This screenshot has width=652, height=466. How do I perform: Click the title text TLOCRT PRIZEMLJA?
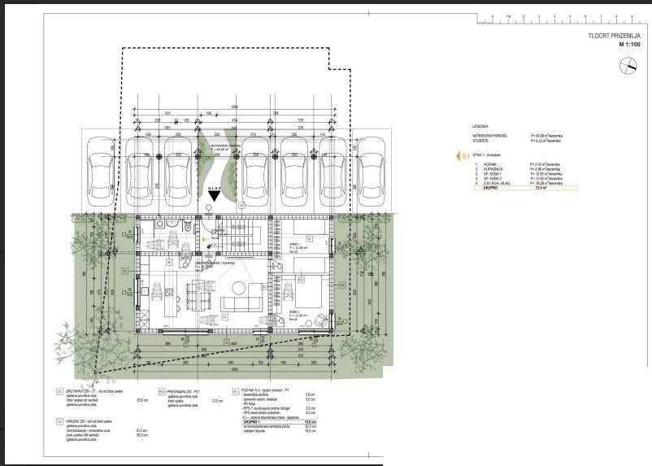(x=614, y=36)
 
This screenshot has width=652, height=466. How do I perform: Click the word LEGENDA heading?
(x=480, y=127)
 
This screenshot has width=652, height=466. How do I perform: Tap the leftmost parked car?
(x=102, y=171)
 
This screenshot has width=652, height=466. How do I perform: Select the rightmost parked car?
(x=372, y=171)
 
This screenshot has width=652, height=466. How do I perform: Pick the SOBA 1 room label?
(x=293, y=244)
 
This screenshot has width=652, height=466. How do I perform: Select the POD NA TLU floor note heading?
(x=260, y=390)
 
